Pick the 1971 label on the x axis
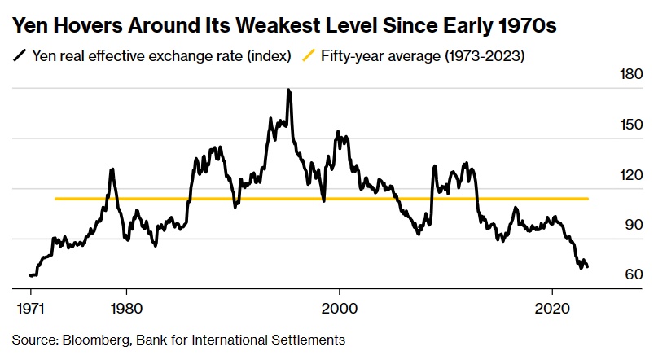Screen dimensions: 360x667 (x=32, y=310)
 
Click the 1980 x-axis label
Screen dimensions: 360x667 (x=125, y=310)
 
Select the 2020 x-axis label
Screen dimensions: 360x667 (x=553, y=310)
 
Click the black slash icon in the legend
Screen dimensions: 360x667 (x=19, y=56)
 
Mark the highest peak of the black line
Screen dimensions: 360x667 (x=289, y=90)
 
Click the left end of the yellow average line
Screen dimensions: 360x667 (x=55, y=199)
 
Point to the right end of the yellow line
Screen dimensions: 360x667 (x=588, y=199)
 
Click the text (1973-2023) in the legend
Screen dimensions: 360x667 (x=475, y=56)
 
